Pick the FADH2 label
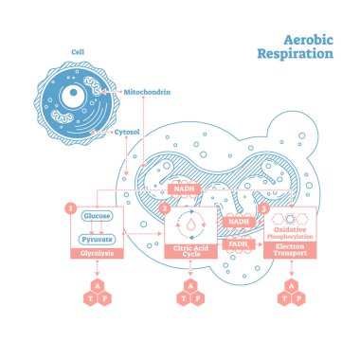tap(238, 243)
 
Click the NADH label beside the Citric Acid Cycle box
tap(238, 222)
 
